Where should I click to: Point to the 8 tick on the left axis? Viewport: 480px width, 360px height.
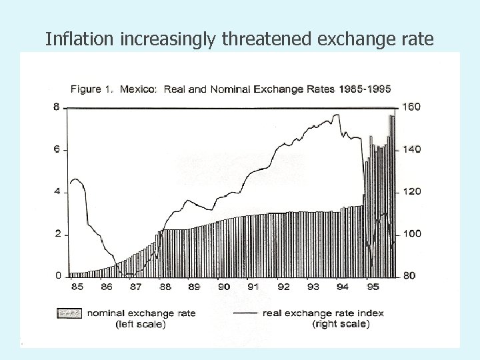coord(57,107)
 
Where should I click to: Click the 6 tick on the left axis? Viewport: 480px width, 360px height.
coord(57,149)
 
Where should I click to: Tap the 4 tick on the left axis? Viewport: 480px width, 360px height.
coord(57,192)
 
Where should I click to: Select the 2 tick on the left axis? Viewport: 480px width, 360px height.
coord(57,234)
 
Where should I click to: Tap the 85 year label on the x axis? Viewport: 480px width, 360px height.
coord(77,287)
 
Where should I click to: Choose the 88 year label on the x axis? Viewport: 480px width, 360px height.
coord(165,287)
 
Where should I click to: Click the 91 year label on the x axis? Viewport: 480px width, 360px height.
coord(253,287)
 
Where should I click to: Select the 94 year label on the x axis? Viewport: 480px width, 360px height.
coord(342,287)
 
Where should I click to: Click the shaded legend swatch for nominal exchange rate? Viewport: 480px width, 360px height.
coord(70,313)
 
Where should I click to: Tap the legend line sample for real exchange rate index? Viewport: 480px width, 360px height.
coord(244,313)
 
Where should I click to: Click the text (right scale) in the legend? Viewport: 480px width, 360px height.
coord(340,324)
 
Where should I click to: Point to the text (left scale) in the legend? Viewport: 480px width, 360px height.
coord(141,324)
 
